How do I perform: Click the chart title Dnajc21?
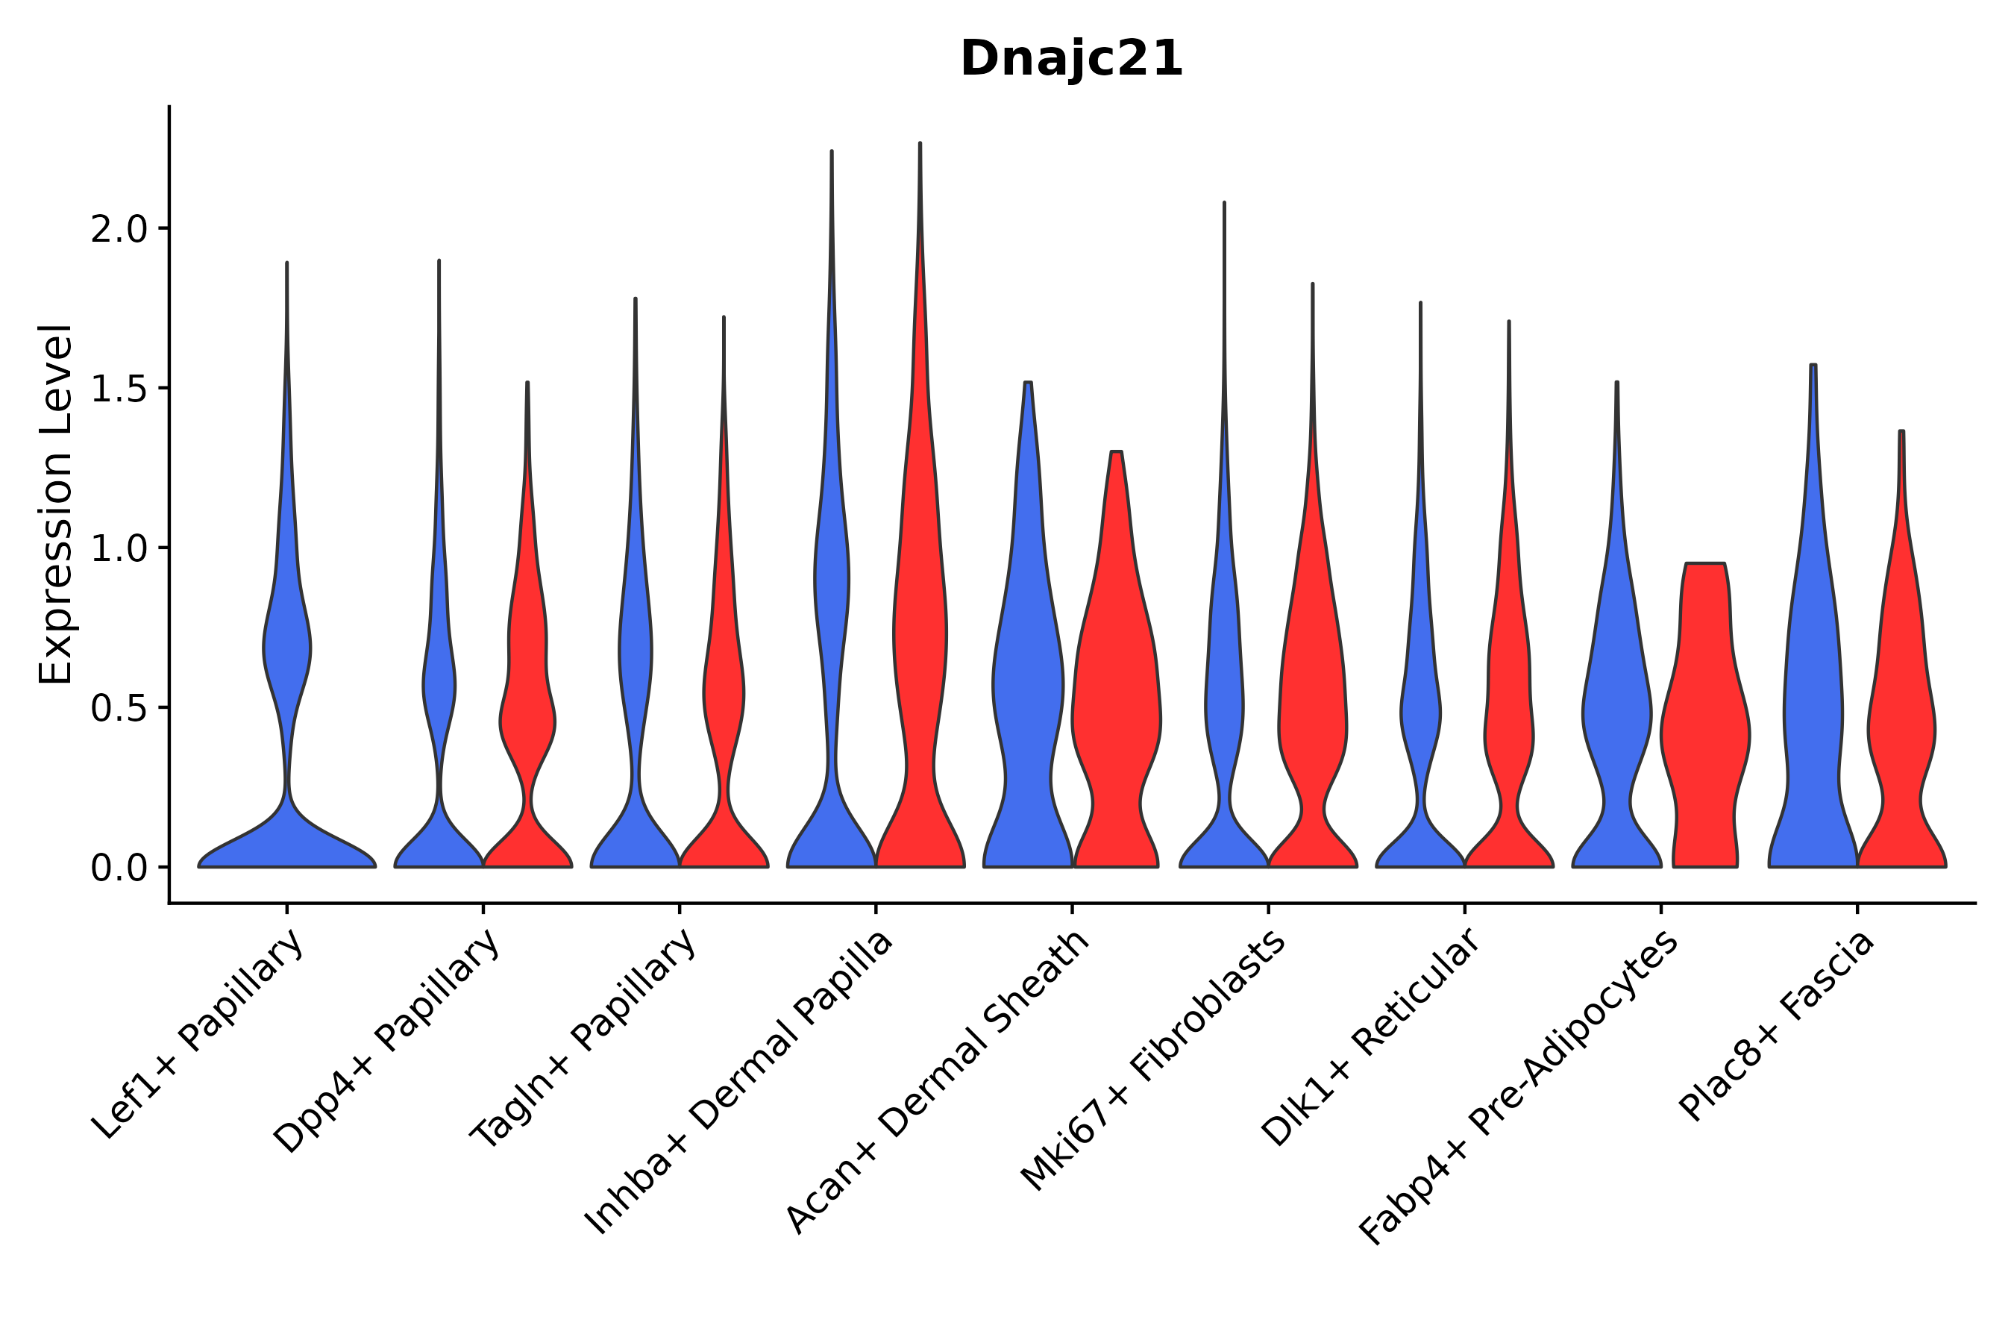tap(1071, 59)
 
